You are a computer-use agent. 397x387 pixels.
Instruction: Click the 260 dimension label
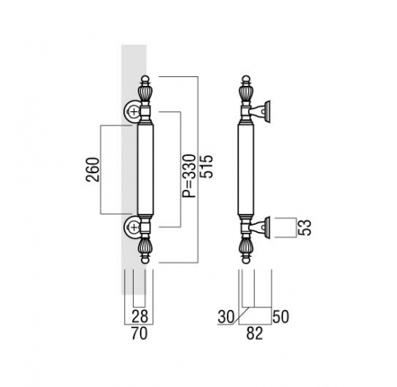[92, 169]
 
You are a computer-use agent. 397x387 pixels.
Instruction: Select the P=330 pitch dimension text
[189, 176]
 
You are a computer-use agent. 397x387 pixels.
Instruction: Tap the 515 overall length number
[206, 166]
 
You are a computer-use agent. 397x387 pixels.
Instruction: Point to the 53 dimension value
[304, 227]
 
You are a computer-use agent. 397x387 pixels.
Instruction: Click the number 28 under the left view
[140, 315]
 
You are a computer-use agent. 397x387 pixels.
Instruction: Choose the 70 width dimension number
[139, 333]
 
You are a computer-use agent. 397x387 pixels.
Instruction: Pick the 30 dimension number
[226, 317]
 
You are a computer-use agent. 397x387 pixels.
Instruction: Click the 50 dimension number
[281, 316]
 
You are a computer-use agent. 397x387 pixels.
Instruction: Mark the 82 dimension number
[255, 333]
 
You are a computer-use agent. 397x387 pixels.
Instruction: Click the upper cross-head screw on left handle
[134, 111]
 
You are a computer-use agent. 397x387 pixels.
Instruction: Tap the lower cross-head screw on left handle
[134, 226]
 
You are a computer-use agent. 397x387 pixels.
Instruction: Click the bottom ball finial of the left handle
[145, 260]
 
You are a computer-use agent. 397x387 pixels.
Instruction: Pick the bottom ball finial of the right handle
[246, 260]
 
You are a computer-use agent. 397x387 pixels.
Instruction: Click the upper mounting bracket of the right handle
[260, 111]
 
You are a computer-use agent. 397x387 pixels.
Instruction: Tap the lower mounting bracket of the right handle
[260, 227]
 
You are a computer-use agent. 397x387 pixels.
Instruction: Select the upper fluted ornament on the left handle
[145, 93]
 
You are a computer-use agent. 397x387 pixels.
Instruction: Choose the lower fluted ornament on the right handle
[246, 246]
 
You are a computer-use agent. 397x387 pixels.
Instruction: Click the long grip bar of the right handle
[246, 169]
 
